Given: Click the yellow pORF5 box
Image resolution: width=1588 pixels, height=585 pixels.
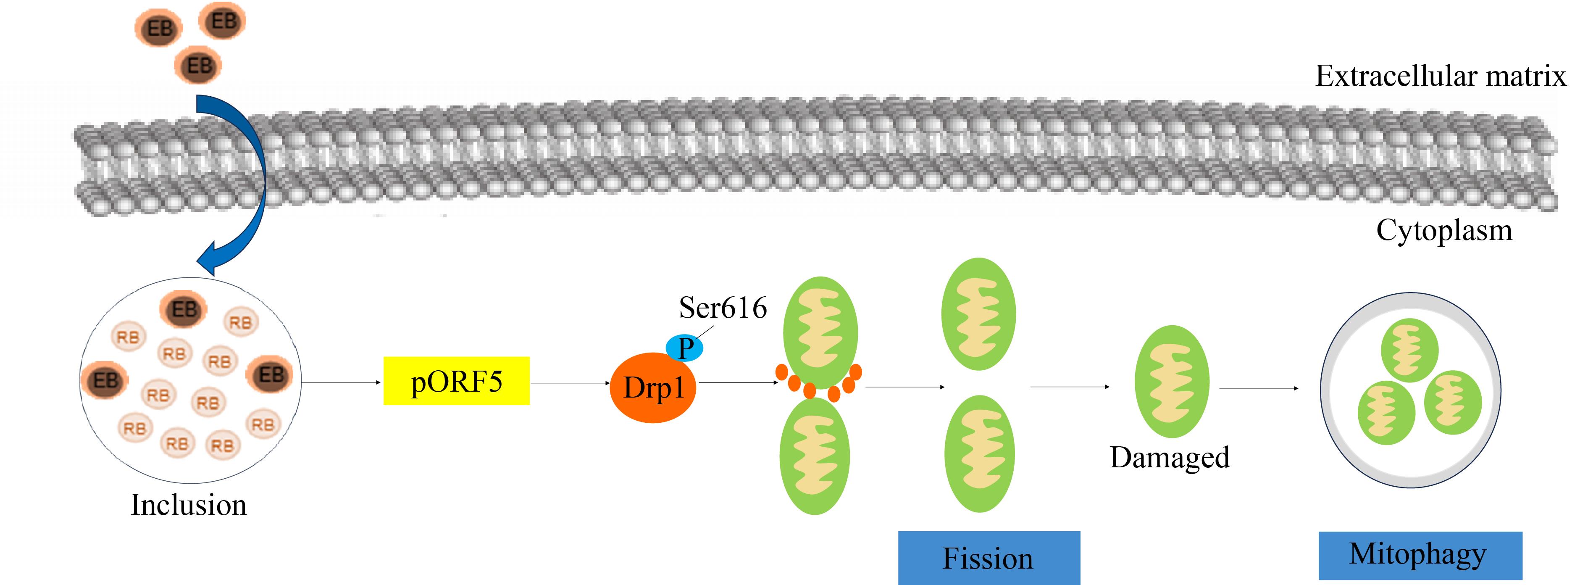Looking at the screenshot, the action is point(456,381).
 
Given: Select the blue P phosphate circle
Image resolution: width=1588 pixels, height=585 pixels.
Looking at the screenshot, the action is point(685,348).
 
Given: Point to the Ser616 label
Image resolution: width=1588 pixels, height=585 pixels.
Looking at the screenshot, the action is point(723,308).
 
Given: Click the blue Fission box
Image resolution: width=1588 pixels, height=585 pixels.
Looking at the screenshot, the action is point(989,558).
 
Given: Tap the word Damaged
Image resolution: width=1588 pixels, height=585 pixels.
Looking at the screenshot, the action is point(1170,457).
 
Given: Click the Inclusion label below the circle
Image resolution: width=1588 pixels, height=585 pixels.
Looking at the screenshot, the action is point(189,505).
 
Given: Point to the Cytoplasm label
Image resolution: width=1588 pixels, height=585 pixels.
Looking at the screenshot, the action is point(1444,231).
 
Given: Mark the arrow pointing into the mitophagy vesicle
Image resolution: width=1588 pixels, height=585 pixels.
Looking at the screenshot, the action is point(1259,388).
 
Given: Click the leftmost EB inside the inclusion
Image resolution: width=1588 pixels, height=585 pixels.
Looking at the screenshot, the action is point(105,380).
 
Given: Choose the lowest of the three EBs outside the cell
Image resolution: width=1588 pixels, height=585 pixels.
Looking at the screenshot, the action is point(198,65).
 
